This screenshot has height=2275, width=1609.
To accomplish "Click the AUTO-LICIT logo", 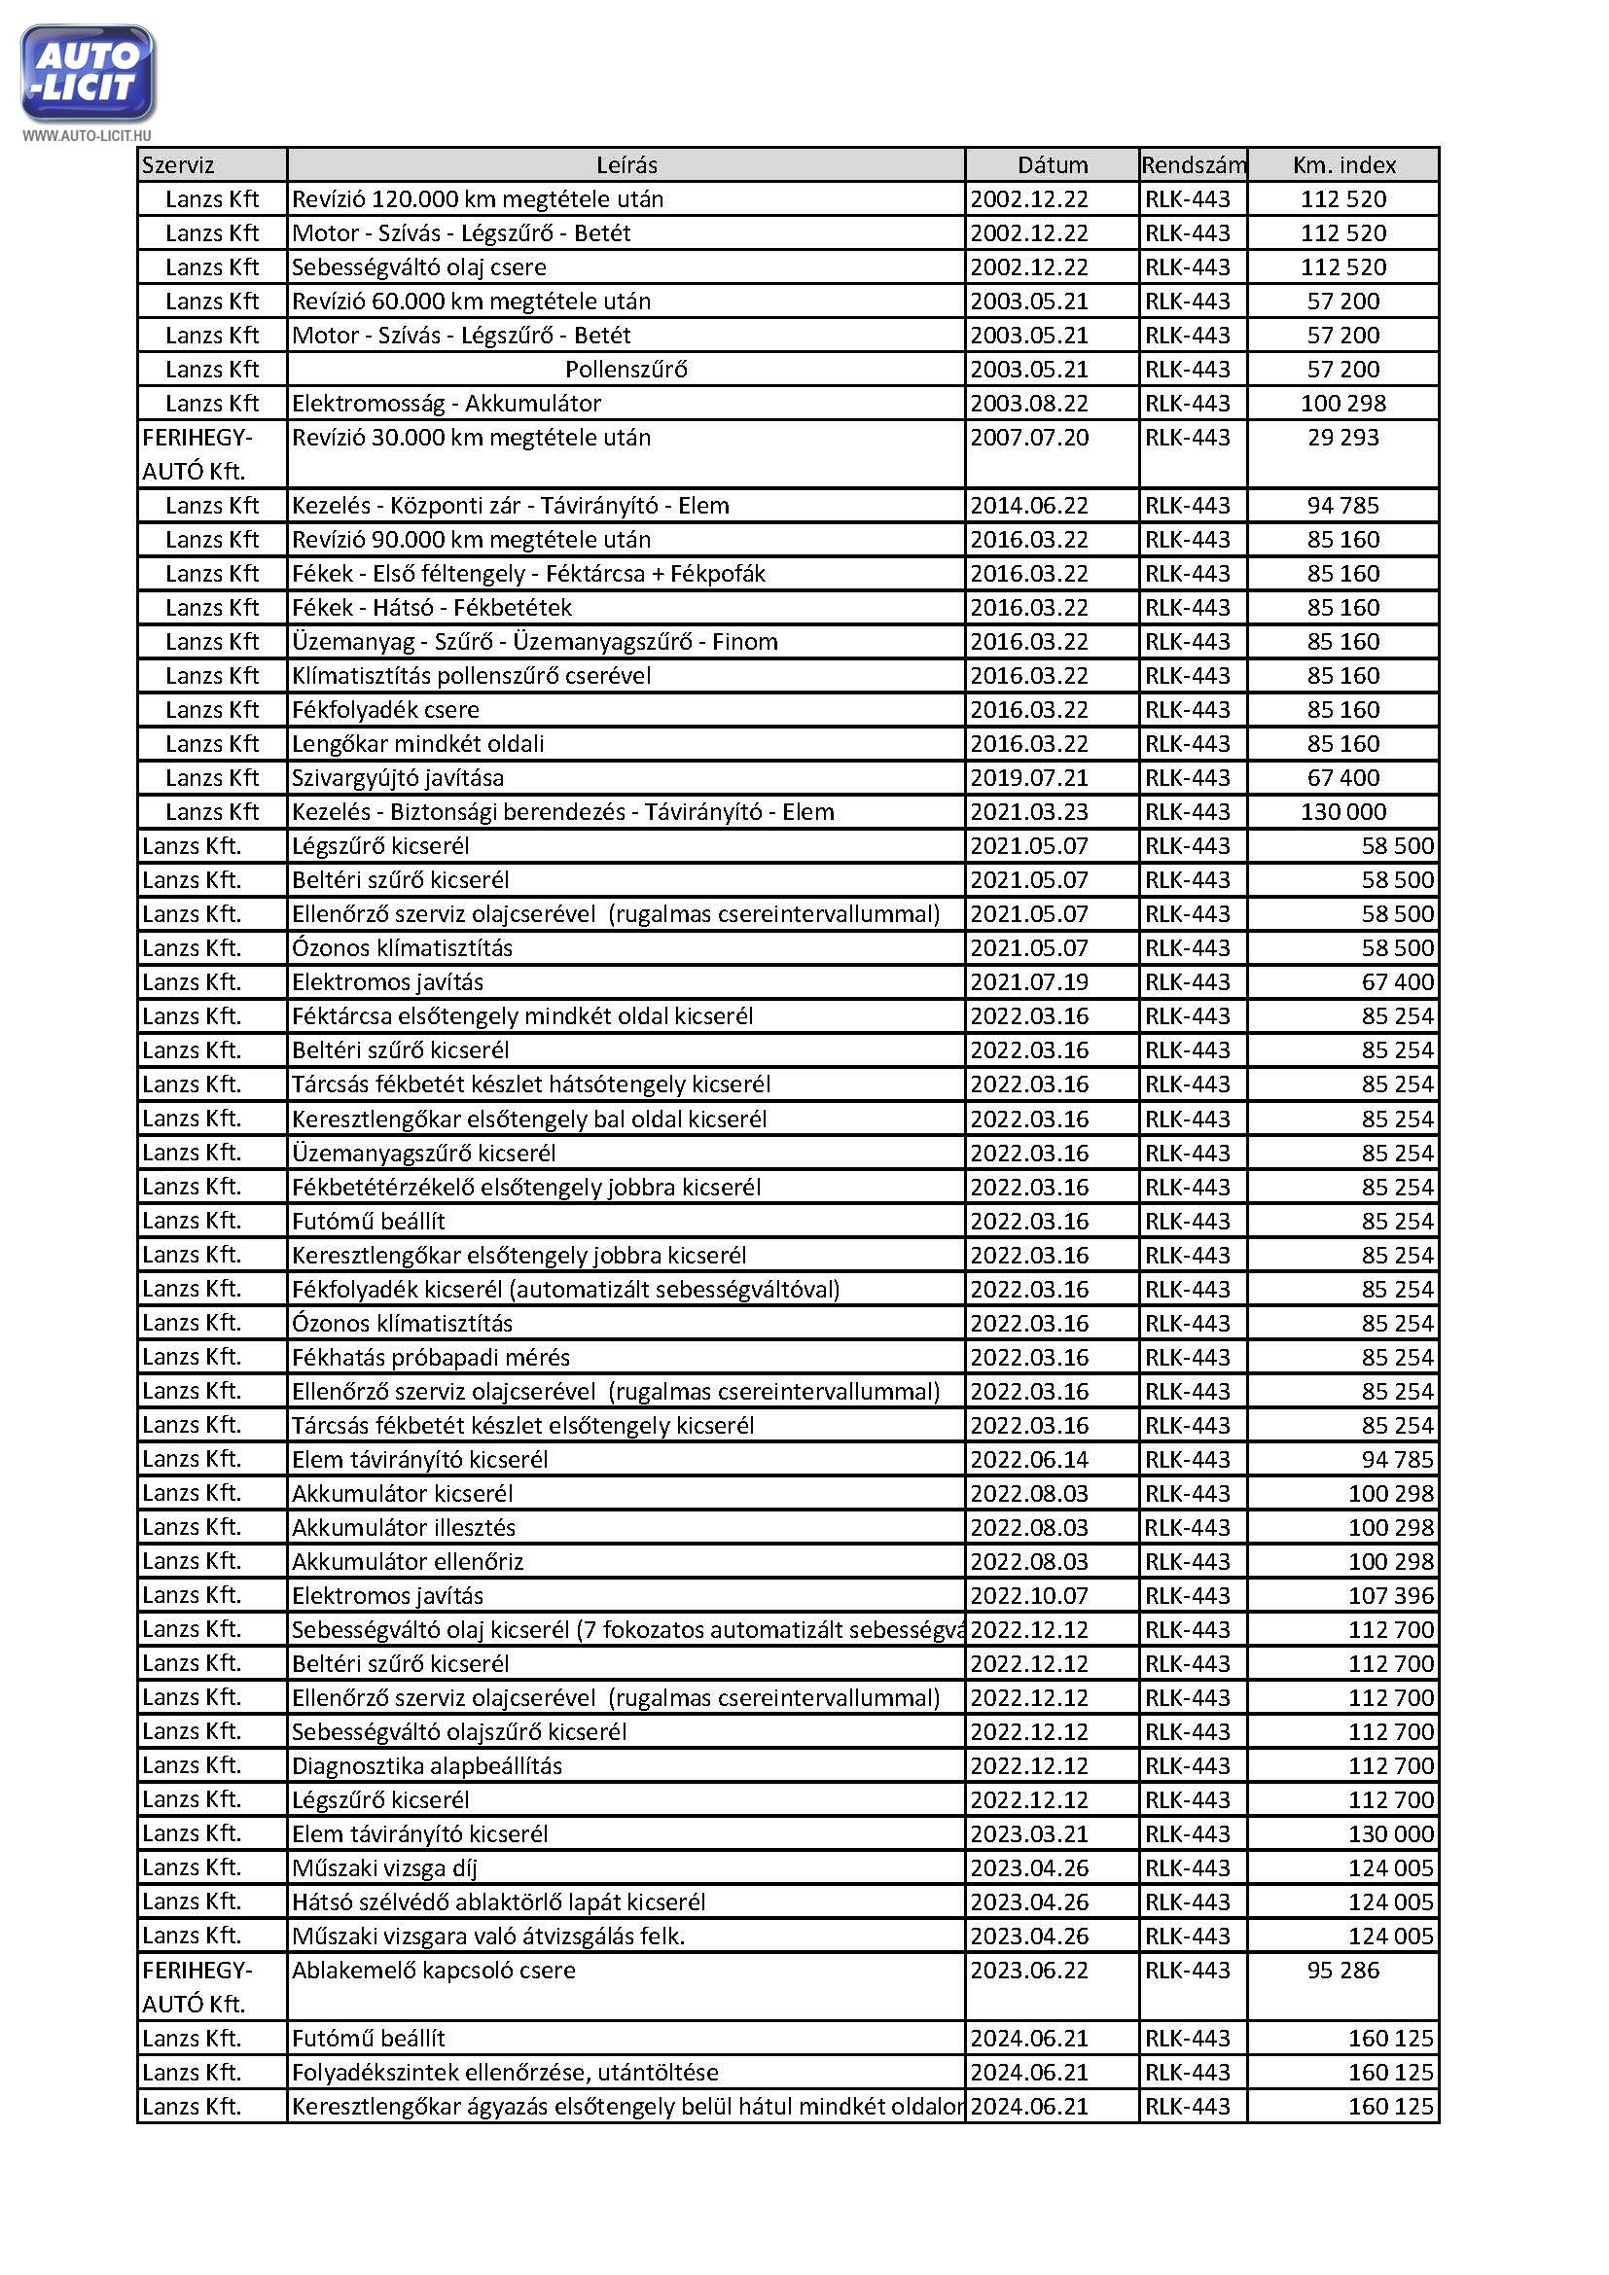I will pyautogui.click(x=88, y=73).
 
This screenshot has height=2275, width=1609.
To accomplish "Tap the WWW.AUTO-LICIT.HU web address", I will pyautogui.click(x=88, y=135).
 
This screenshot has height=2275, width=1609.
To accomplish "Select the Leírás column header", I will pyautogui.click(x=626, y=165).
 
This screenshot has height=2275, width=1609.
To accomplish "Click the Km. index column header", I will pyautogui.click(x=1343, y=165).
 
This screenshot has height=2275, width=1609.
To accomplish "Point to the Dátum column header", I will pyautogui.click(x=1053, y=165).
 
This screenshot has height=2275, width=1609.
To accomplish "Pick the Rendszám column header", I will pyautogui.click(x=1193, y=165).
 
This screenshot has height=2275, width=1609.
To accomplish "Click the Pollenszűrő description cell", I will pyautogui.click(x=626, y=370).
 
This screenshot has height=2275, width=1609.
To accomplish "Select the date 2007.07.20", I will pyautogui.click(x=1029, y=438).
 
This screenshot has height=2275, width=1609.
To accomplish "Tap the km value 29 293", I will pyautogui.click(x=1342, y=438).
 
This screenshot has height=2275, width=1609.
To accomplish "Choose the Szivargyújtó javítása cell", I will pyautogui.click(x=397, y=778).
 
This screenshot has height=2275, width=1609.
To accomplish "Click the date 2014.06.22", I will pyautogui.click(x=1029, y=506).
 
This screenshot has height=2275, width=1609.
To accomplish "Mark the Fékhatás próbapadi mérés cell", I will pyautogui.click(x=430, y=1358).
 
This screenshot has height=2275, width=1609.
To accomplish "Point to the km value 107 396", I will pyautogui.click(x=1390, y=1595).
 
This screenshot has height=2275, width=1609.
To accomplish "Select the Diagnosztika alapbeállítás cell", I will pyautogui.click(x=426, y=1765).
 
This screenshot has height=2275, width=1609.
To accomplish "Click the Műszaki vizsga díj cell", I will pyautogui.click(x=384, y=1867).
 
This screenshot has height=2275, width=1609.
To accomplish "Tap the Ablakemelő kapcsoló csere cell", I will pyautogui.click(x=433, y=1970).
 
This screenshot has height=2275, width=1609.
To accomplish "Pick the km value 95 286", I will pyautogui.click(x=1342, y=1970).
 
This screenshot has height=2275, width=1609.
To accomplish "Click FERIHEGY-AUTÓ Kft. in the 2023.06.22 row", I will pyautogui.click(x=197, y=1986).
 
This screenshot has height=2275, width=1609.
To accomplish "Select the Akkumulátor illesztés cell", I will pyautogui.click(x=404, y=1528).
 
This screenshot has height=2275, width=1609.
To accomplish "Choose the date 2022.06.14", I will pyautogui.click(x=1029, y=1460).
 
